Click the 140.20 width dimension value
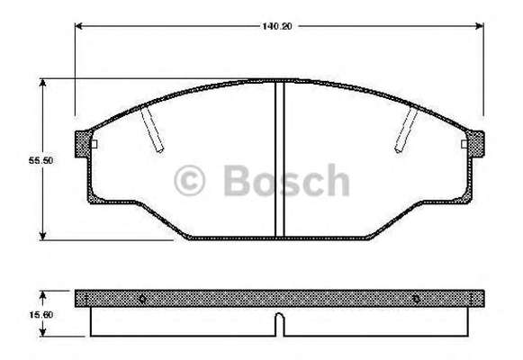point(277,26)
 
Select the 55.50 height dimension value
point(41,160)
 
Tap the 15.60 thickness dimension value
point(41,314)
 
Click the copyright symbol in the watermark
point(189,180)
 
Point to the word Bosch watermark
point(286,180)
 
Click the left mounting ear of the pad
point(83,144)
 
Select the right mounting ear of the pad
point(475,144)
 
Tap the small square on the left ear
point(94,144)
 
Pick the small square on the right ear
point(464,144)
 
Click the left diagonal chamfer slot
point(152,130)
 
